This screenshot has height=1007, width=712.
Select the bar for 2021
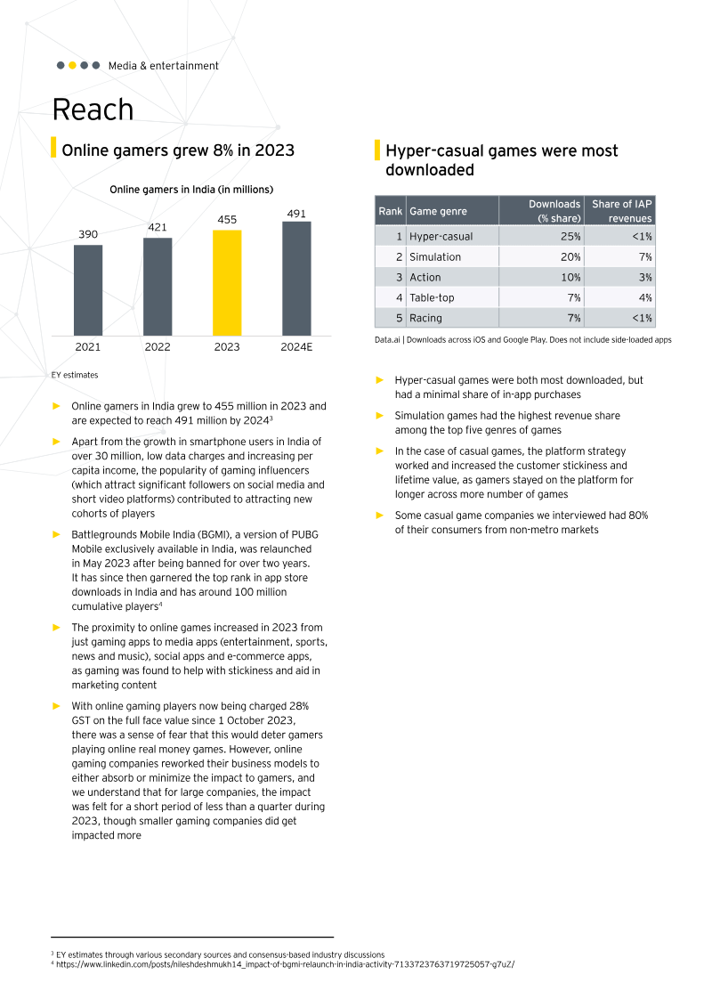[x=88, y=289]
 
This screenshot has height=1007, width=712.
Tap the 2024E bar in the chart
[x=296, y=278]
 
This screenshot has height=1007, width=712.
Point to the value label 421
[x=158, y=227]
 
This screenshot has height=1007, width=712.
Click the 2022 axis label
[x=158, y=347]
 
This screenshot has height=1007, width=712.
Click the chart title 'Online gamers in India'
[x=190, y=190]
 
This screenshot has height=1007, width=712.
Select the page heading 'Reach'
[x=93, y=110]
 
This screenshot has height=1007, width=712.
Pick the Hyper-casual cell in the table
[x=441, y=237]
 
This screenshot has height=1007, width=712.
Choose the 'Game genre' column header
[x=435, y=212]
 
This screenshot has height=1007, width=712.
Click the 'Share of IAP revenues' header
[x=622, y=211]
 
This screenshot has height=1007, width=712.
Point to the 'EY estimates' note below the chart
[x=76, y=376]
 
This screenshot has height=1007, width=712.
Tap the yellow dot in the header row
[x=72, y=65]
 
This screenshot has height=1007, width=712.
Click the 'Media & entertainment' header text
[x=163, y=66]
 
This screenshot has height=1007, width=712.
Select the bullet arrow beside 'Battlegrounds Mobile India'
[x=56, y=534]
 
